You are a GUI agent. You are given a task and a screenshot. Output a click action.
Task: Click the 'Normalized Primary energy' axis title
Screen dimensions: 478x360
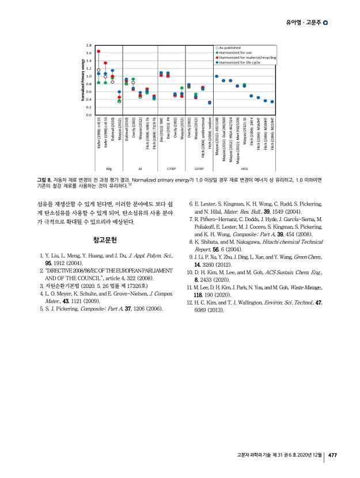[x=83, y=79]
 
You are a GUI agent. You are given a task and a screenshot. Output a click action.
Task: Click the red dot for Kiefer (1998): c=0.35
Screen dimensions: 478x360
[x=98, y=51]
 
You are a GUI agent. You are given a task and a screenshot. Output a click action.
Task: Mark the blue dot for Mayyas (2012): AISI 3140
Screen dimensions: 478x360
[x=217, y=76]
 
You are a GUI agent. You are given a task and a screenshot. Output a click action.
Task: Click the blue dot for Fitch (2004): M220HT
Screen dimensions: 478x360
[x=272, y=101]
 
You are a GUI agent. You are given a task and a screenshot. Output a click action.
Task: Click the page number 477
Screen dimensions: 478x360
[x=332, y=455]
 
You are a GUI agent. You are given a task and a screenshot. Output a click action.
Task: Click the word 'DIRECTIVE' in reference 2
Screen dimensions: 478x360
[x=58, y=270]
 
